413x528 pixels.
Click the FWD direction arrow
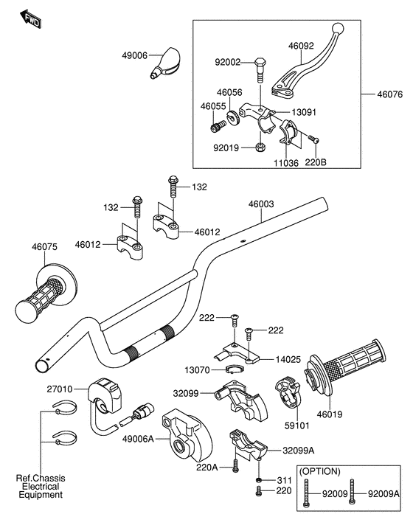(x=31, y=19)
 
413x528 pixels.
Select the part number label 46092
(x=301, y=46)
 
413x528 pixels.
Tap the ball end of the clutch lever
(x=339, y=28)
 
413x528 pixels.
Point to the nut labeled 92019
(x=260, y=147)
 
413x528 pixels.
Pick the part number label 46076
(x=389, y=94)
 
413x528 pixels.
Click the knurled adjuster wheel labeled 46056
(x=233, y=117)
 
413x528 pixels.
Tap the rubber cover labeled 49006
(x=165, y=63)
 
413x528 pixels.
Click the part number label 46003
(x=261, y=204)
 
